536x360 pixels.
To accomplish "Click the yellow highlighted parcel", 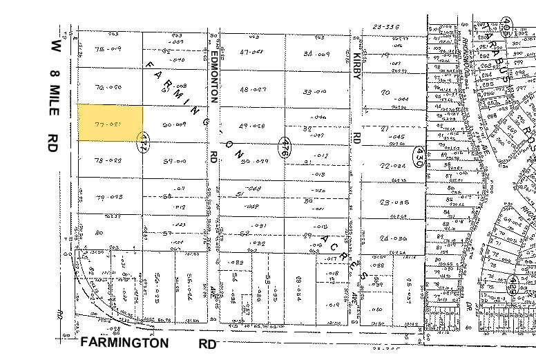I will (110, 123).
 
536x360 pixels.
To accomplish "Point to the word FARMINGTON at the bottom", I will (124, 343).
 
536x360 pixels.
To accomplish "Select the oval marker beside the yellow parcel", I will (144, 142).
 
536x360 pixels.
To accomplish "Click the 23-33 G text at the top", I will (385, 27).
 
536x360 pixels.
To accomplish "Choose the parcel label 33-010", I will (314, 91).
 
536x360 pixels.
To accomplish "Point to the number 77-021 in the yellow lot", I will (108, 124).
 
